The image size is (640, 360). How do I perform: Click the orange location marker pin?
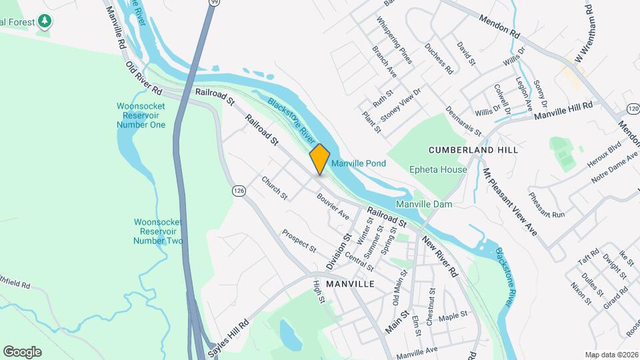coord(320,159)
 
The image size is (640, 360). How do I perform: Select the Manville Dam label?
coord(424,203)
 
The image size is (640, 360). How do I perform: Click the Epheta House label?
coord(438,169)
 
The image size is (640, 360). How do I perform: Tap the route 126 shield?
coord(238,191)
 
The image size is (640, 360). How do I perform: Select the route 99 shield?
coord(213,3)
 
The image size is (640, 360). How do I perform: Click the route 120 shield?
coord(633,108)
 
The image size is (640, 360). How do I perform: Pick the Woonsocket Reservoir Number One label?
coord(140,115)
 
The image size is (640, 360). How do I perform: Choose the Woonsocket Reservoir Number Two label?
coord(158,231)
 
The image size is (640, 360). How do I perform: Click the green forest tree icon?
coord(45,21)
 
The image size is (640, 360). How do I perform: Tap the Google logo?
coord(22,352)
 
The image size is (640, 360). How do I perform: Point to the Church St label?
coord(274,188)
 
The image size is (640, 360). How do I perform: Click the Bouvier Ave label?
coord(333,206)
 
